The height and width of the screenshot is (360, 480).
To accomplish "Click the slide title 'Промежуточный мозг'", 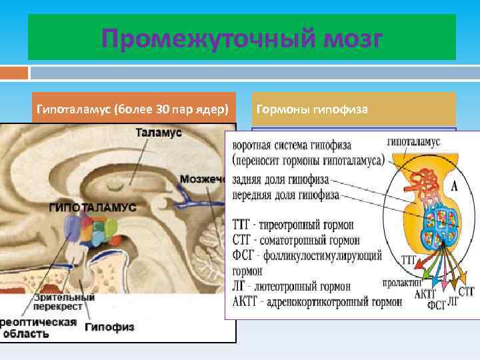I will tap(241, 39).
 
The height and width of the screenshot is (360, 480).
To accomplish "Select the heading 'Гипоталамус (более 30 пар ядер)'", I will tap(133, 109).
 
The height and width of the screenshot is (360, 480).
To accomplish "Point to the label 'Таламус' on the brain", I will tap(159, 133).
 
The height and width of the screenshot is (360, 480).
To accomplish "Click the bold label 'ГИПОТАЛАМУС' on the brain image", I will tap(92, 207).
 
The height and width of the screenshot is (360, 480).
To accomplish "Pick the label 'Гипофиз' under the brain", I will tap(109, 327).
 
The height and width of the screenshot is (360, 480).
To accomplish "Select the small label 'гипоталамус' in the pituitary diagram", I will tap(413, 143).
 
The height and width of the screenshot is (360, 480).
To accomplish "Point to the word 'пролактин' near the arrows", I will tap(403, 283).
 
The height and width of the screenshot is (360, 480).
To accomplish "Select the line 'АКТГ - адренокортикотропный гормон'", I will tap(317, 301).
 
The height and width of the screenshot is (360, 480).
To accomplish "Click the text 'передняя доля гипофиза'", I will tap(286, 195).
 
